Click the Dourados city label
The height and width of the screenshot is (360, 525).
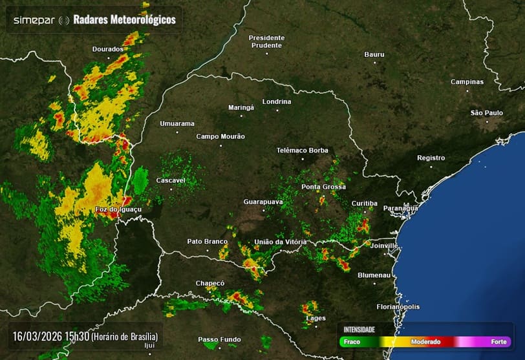pos(107,49)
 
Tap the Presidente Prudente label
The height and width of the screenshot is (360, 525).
pos(266,41)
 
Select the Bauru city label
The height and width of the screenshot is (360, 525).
pos(374,55)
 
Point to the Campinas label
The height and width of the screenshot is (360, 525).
pos(467,82)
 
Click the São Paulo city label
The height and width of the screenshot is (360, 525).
pos(486,113)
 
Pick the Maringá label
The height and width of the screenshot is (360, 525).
pos(241,107)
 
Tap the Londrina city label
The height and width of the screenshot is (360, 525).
pos(277,102)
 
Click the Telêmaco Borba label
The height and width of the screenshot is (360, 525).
pos(303,151)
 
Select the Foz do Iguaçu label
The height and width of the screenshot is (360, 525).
pos(118,210)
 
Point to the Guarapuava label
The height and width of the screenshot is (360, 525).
pos(263,202)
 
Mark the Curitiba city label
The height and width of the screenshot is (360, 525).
pos(364,204)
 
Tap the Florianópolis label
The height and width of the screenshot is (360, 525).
pos(398,307)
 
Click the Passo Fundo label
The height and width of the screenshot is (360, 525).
pos(219,340)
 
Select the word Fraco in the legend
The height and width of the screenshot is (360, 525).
pos(352,342)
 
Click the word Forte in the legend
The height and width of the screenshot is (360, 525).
pos(498,342)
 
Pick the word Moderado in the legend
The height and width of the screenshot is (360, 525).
pos(425,342)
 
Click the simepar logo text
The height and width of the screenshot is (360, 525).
pos(34,20)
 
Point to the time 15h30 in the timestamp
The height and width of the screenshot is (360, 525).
pos(78,337)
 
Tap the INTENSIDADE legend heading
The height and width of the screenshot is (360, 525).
pos(359,330)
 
